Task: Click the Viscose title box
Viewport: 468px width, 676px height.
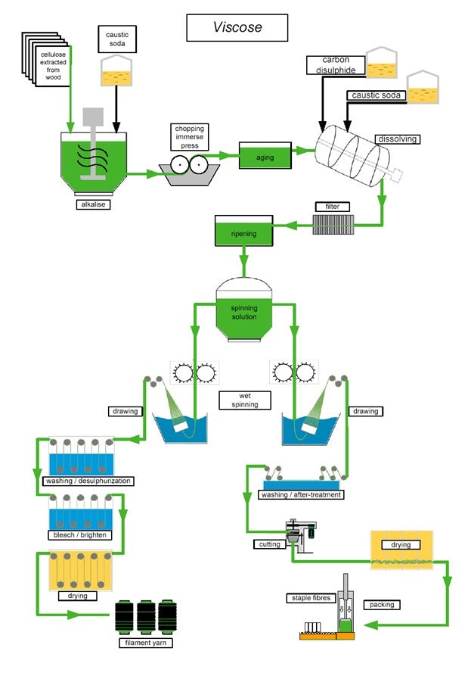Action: pos(237,27)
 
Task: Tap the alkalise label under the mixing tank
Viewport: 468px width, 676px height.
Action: pos(92,204)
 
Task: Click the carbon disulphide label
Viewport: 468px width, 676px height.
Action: pos(334,65)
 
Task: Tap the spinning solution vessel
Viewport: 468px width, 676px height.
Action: pos(243,310)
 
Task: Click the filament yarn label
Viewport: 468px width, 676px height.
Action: pos(146,643)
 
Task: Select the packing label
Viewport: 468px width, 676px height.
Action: pos(382,605)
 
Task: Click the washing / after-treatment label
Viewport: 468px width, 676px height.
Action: pos(301,495)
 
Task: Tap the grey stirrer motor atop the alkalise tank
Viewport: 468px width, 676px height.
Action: pos(92,116)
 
